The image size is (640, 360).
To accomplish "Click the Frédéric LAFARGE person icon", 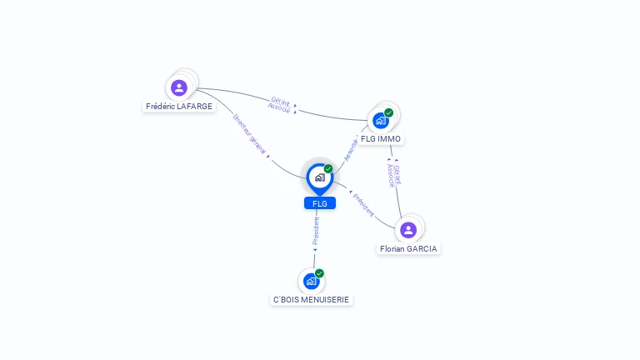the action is point(179,87).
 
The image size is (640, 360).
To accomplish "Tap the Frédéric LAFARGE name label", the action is point(179,106).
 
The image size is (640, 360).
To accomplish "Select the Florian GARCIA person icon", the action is point(408,230).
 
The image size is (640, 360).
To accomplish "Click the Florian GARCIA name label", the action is point(408,248).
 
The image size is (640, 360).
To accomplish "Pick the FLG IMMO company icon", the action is point(380,121).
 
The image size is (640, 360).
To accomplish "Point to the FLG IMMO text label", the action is point(380,139).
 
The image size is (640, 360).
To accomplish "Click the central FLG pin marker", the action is point(320,178).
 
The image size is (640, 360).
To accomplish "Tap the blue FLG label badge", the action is point(320,203).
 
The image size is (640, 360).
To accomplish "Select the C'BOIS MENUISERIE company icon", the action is point(311,281).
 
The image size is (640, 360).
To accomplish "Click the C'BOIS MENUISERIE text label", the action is point(311,300).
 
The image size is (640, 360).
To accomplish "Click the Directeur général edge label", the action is point(249,134).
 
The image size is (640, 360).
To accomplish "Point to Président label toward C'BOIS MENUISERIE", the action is point(316,231).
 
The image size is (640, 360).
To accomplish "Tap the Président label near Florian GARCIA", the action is point(363,205).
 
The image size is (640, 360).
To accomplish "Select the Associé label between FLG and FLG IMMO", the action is point(351,150).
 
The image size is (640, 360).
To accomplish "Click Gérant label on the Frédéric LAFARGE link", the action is point(281,102).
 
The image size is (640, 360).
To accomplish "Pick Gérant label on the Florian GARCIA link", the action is point(397,175).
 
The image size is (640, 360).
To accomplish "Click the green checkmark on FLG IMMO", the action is point(388,112).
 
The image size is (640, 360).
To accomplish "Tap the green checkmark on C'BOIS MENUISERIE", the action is point(319,273).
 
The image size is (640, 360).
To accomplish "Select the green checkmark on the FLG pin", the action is point(328,168).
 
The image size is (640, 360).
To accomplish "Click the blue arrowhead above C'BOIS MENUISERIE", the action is point(315,250).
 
